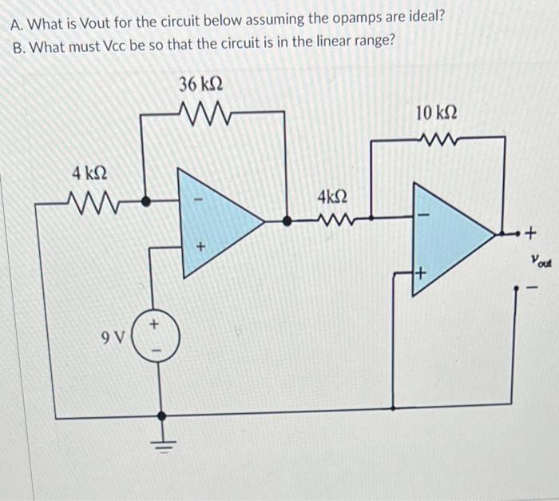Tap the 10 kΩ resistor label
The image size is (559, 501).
coord(437,113)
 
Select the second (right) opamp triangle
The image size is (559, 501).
coord(447,238)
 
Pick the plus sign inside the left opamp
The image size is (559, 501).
coord(202,249)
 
